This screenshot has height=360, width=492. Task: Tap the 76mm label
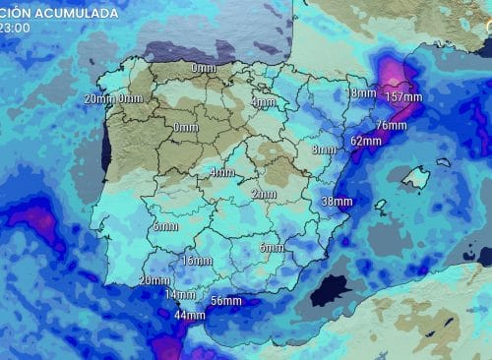391,126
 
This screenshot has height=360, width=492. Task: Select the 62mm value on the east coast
365,141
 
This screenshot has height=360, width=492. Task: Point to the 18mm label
360,93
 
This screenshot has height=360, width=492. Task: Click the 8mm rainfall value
323,150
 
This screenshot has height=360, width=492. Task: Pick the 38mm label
337,202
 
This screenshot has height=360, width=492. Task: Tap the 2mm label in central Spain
263,195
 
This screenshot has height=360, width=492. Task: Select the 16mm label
197,261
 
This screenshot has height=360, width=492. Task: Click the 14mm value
179,294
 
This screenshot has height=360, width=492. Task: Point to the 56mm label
226,301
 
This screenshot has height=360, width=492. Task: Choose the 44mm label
189,315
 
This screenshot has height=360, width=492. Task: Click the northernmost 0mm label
204,68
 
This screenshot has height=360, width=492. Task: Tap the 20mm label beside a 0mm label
99,98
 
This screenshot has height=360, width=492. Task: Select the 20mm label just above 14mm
154,280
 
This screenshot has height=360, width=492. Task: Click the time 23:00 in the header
14,29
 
